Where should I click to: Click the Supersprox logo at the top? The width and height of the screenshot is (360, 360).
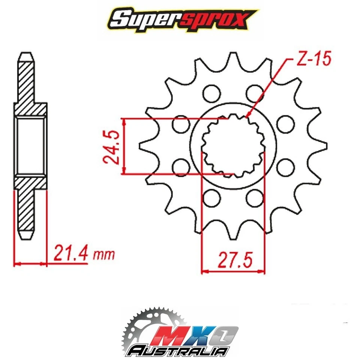[x=180, y=19]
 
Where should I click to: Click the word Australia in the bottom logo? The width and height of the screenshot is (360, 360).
[x=178, y=350]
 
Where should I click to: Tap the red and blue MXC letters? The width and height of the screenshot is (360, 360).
[x=195, y=334]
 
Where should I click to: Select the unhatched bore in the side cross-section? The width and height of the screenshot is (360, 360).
[x=31, y=146]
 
